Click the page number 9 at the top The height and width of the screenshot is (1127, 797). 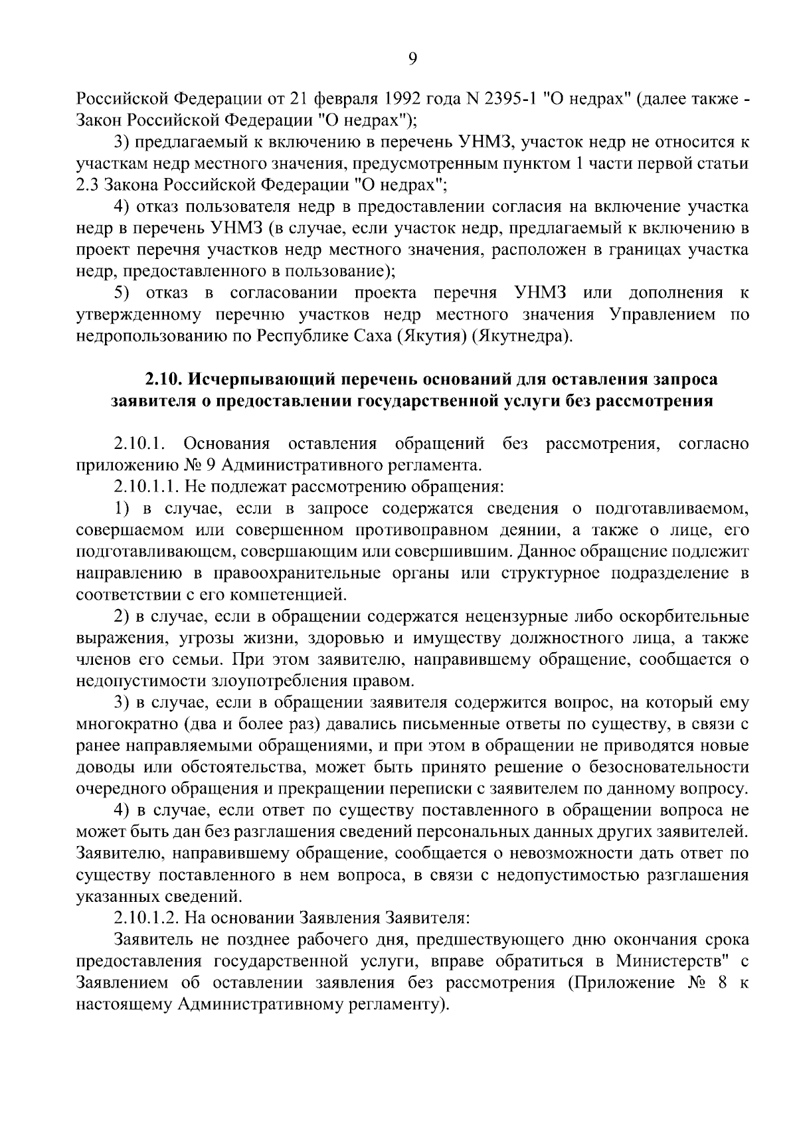(x=412, y=59)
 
